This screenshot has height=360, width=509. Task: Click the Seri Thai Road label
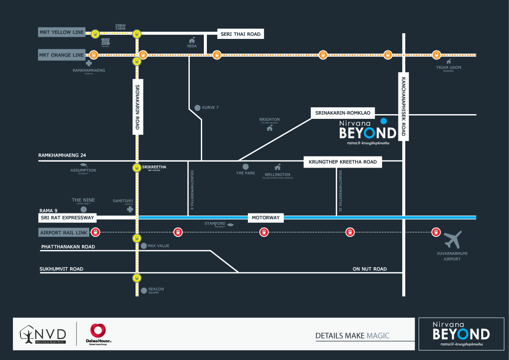(241, 34)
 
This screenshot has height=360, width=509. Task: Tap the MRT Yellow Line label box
(61, 32)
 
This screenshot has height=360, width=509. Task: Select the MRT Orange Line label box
(62, 55)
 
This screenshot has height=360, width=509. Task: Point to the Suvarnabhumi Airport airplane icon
(453, 240)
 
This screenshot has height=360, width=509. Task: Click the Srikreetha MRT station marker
(136, 168)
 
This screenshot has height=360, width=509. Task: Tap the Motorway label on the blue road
(265, 218)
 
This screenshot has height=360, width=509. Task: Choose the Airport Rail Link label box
(64, 233)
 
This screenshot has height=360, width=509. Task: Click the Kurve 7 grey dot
(197, 108)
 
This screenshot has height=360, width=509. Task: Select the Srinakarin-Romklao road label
(343, 113)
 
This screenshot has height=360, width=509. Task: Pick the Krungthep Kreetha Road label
(343, 162)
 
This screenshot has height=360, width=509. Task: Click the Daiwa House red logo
(98, 331)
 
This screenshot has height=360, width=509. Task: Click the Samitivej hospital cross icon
(130, 210)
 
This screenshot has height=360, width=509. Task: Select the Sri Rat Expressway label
(67, 218)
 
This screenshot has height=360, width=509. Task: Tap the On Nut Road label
(370, 269)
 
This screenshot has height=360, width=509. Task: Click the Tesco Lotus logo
(120, 27)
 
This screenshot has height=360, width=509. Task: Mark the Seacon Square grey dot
(143, 290)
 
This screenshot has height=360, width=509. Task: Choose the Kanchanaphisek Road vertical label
(403, 107)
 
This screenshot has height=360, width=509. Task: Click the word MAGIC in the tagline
(378, 336)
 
